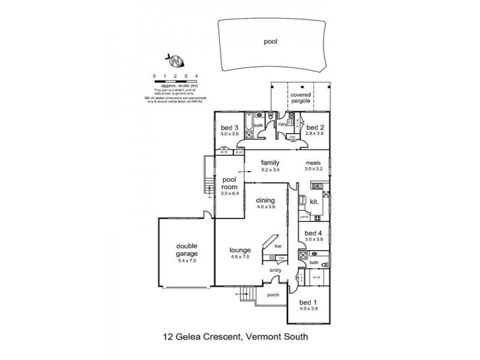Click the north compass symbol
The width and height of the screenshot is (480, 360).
[x=175, y=61]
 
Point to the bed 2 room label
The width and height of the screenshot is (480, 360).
[x=316, y=127]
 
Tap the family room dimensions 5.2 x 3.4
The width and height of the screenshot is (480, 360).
[x=271, y=170]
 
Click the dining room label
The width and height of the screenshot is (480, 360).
[x=265, y=200]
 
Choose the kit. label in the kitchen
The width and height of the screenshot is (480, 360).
[x=313, y=203]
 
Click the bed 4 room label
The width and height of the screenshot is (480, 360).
[x=314, y=233]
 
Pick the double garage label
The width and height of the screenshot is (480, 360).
[x=187, y=249]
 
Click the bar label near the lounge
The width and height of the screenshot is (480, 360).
[x=278, y=246]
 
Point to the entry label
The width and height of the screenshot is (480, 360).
[x=275, y=271]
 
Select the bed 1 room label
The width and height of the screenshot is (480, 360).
[x=311, y=302]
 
